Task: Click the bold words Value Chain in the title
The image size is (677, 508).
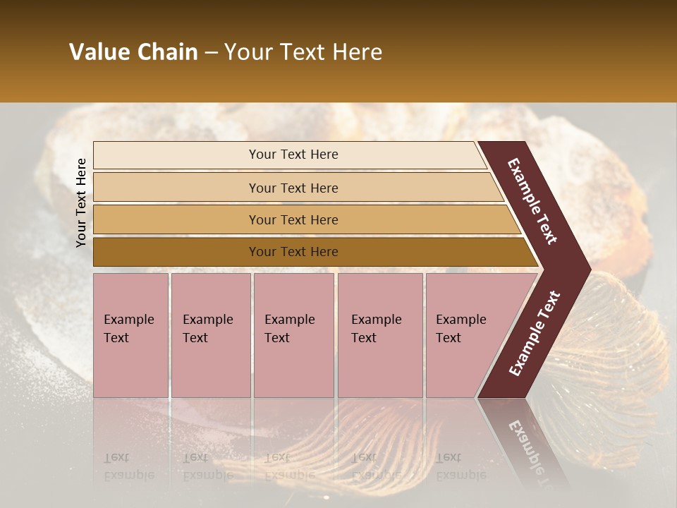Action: point(133,52)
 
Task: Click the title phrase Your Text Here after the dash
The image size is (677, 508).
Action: point(303,52)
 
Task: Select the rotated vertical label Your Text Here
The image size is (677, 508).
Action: point(81,202)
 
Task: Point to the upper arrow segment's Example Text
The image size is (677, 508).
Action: point(532,201)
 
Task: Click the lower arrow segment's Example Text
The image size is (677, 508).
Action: point(535,334)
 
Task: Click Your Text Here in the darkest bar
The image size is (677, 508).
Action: point(293,252)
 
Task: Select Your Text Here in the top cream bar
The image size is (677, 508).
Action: point(293,155)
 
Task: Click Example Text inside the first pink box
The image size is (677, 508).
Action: point(128,328)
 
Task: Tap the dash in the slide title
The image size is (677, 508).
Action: point(211,53)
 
